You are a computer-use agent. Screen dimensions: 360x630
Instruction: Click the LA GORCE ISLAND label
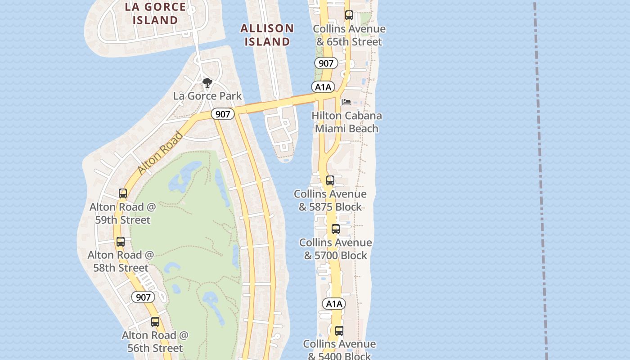coord(155,13)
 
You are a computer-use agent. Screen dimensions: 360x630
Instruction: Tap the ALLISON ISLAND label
coord(267,35)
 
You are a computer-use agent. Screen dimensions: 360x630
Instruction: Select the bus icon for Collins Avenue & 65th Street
coord(349,15)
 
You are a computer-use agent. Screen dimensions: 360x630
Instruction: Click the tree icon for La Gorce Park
coord(207,83)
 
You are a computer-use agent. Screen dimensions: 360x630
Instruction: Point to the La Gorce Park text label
coord(207,96)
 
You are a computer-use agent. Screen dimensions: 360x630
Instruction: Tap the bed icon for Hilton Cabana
coord(346,102)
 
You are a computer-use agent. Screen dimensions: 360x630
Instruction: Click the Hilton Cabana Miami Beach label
coord(346,122)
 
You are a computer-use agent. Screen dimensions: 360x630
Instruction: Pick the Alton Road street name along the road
coord(160,153)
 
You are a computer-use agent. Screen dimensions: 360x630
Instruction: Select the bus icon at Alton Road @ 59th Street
coord(123,193)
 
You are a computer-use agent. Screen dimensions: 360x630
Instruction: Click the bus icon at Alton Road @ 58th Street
coord(120,242)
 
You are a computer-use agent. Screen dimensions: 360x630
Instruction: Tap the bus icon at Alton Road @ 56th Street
coord(155,322)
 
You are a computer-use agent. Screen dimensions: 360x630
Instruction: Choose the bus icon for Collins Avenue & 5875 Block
coord(330,180)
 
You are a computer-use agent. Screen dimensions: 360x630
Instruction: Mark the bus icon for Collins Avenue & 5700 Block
coord(335,229)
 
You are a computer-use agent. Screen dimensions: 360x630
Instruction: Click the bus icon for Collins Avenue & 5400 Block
coord(339,331)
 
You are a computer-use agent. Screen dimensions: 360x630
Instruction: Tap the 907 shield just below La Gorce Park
coord(223,114)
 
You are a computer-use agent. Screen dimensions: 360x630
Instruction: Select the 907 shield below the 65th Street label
coord(326,63)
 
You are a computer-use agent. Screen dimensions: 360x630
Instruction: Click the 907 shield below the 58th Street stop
coord(143,297)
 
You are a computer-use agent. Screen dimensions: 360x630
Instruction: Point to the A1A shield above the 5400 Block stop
coord(334,304)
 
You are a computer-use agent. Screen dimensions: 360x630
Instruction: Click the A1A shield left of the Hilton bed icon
coord(323,87)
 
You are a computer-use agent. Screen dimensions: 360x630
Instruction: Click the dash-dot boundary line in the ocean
coord(540,180)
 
